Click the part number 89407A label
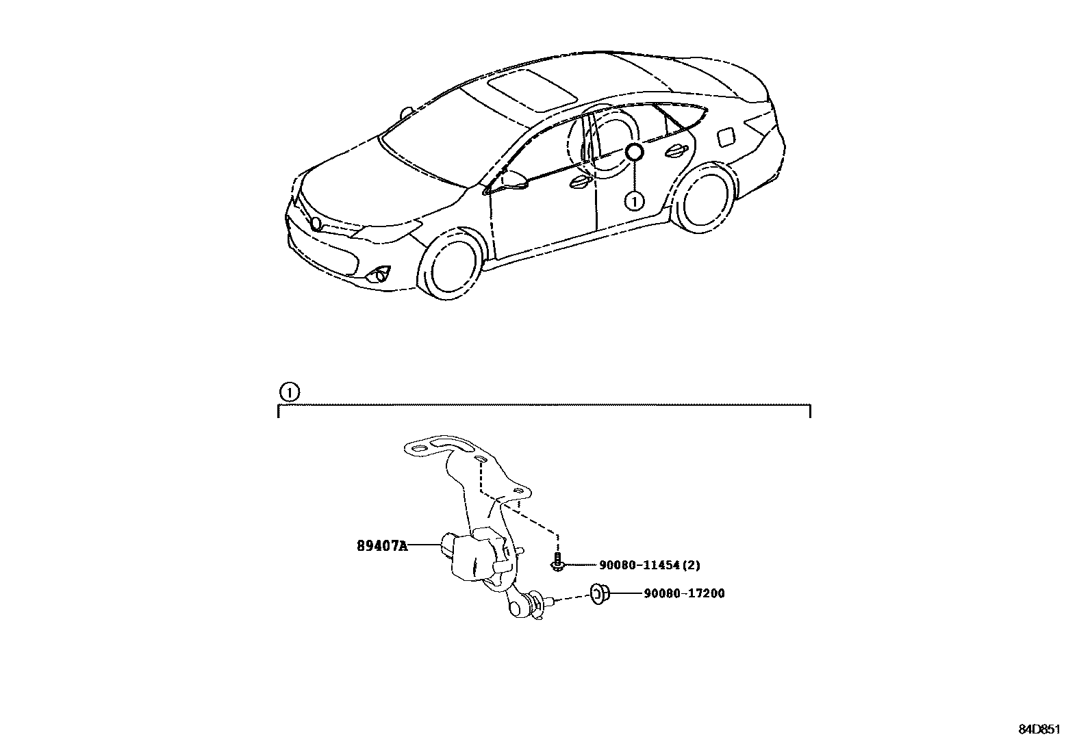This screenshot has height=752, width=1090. tap(382, 546)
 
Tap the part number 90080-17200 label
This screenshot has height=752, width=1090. tap(684, 593)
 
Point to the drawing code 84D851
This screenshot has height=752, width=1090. tap(1039, 729)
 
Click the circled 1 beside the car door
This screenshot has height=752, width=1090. tap(634, 201)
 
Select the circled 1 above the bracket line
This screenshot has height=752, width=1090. tap(290, 392)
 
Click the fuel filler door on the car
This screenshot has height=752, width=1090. tap(727, 135)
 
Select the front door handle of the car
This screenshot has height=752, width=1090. tap(581, 182)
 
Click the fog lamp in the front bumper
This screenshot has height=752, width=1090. tap(379, 276)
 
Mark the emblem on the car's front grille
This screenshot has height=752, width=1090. tap(316, 224)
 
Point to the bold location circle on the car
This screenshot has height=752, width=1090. tap(634, 153)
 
